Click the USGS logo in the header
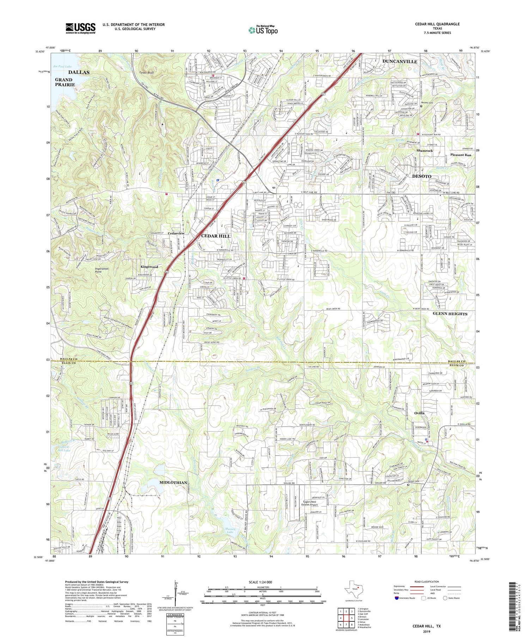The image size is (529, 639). [80, 28]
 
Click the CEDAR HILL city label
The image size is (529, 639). [215, 236]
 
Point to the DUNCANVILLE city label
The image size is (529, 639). [400, 62]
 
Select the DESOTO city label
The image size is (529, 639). [422, 176]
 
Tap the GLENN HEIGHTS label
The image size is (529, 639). [450, 314]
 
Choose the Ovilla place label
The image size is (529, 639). [419, 413]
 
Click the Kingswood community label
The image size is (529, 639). [148, 267]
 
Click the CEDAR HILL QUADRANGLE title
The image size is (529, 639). [437, 24]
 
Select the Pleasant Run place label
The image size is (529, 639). [461, 155]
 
